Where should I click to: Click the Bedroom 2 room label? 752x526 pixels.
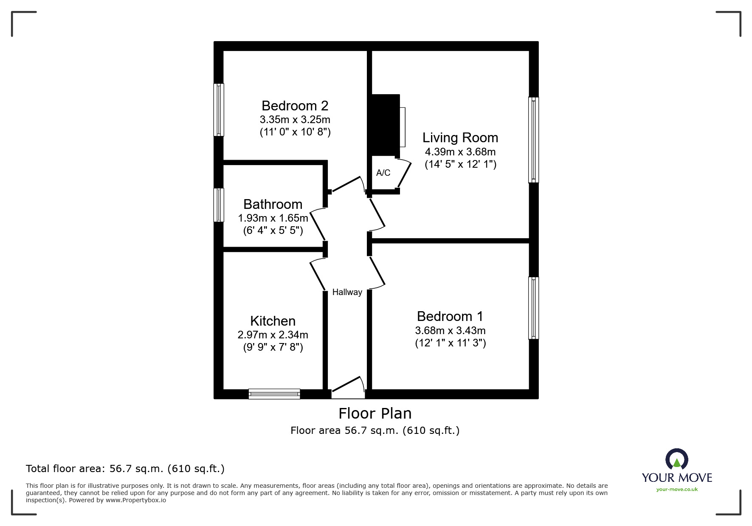click(295, 105)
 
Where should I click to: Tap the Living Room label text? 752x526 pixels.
click(460, 138)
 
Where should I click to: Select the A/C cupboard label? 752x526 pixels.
click(383, 173)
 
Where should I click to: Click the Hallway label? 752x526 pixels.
click(347, 292)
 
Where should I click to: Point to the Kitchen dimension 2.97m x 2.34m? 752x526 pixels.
click(273, 335)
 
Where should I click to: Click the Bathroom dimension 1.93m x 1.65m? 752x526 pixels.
click(273, 218)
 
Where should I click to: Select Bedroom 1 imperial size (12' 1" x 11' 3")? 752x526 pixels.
click(450, 343)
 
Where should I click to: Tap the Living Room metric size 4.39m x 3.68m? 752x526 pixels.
click(460, 152)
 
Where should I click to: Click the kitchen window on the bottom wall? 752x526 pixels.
click(274, 394)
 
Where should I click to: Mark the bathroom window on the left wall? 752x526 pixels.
click(219, 205)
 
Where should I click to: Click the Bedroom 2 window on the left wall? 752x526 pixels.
click(219, 110)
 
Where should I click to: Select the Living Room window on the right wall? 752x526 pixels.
click(533, 140)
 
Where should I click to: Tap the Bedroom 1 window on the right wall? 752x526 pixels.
click(533, 308)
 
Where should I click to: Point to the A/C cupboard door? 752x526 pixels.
click(404, 174)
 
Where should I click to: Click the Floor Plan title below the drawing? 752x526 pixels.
click(375, 413)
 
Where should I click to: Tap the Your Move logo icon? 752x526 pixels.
click(676, 460)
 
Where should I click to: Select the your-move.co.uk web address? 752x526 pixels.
click(677, 489)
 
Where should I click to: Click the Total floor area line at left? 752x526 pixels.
click(125, 469)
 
